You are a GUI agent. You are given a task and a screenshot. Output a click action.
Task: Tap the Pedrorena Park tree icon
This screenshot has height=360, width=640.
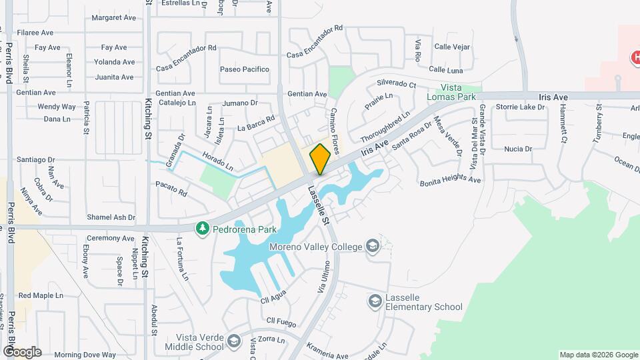(x=202, y=229)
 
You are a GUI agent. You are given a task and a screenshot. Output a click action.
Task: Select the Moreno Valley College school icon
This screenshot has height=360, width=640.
(x=373, y=247)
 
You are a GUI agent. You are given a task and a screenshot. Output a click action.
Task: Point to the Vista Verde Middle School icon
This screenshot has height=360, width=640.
(x=233, y=342)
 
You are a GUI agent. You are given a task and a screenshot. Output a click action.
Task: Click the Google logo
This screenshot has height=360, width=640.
(x=22, y=351)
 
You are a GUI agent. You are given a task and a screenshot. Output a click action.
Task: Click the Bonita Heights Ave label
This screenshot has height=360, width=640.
(x=450, y=180)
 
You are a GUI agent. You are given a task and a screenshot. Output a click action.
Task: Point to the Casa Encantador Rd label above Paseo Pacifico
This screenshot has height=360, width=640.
(x=187, y=48)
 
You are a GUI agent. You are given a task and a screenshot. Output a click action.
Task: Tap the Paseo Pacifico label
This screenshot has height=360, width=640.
(x=245, y=69)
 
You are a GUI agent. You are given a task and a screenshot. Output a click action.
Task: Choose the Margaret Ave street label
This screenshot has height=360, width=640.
(x=113, y=18)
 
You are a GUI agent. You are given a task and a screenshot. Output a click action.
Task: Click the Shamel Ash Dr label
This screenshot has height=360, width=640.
(x=111, y=217)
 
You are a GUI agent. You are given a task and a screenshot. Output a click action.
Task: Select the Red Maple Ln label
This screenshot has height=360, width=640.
(x=41, y=295)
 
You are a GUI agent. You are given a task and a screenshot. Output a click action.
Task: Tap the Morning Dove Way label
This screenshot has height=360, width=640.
(x=85, y=355)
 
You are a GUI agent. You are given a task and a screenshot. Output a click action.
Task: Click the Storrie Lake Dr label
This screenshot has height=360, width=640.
(x=521, y=107)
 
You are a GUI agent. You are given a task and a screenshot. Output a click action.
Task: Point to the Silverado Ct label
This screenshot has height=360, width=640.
(x=396, y=85)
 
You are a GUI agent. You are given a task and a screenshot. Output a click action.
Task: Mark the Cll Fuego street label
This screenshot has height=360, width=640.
(x=281, y=321)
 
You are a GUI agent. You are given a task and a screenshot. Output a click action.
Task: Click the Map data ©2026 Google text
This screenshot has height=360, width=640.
(x=597, y=355)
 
